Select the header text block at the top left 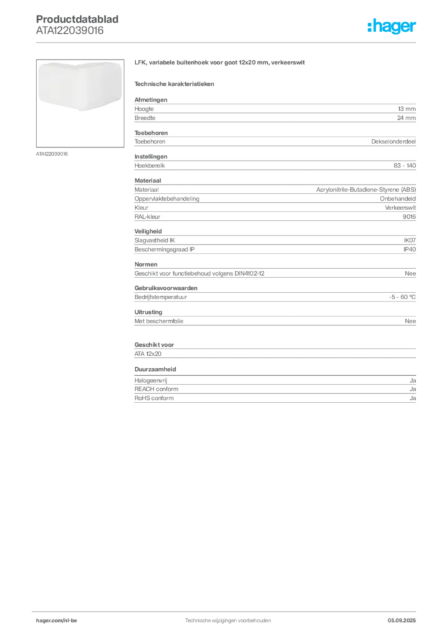tap(78, 25)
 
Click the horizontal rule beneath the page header tap(227, 42)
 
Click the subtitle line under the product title tap(176, 83)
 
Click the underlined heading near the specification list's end tap(156, 369)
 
